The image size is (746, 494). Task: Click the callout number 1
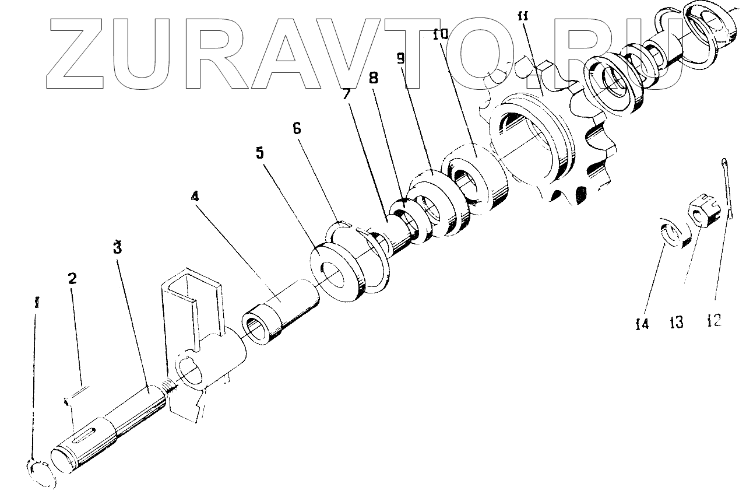click(37, 303)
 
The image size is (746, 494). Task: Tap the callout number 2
click(72, 278)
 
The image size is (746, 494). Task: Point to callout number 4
click(195, 197)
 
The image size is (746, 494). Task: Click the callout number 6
click(297, 128)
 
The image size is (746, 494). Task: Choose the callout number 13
click(677, 321)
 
